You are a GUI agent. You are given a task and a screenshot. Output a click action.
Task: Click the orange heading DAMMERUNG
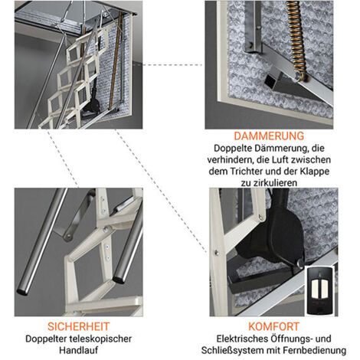[269, 136]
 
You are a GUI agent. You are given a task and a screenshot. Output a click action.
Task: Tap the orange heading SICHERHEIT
[78, 326]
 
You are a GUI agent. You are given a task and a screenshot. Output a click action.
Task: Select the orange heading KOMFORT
[273, 326]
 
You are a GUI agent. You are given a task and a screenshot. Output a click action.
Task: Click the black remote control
[320, 291]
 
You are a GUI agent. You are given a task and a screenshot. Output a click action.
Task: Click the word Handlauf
[79, 350]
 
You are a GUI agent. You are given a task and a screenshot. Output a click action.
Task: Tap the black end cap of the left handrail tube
[22, 291]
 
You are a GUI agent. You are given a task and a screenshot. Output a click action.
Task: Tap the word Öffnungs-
[292, 339]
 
